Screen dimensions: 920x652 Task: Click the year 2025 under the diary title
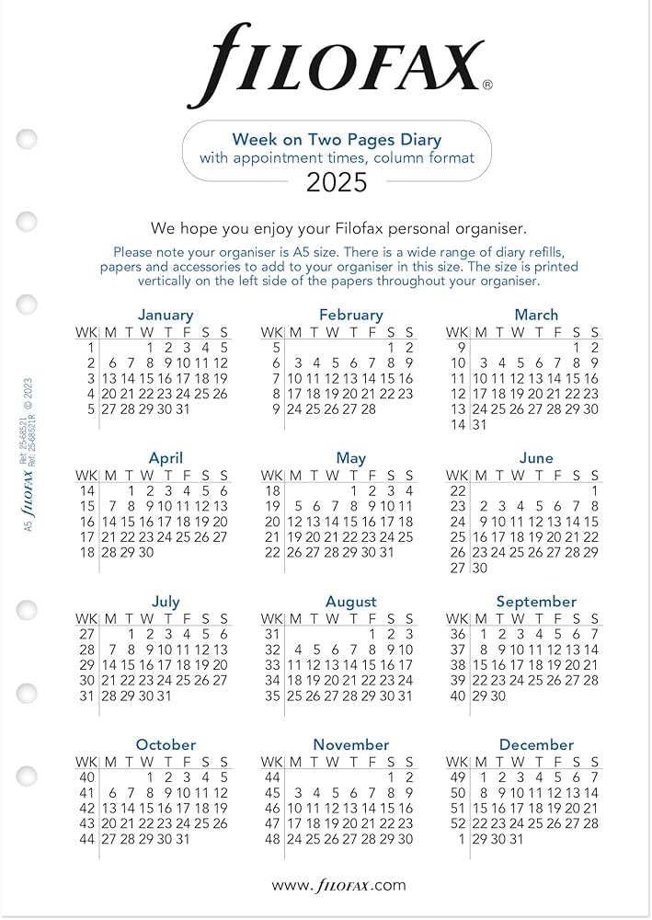pyautogui.click(x=337, y=182)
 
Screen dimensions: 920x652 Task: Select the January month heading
pyautogui.click(x=166, y=315)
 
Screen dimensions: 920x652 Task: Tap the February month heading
pyautogui.click(x=350, y=315)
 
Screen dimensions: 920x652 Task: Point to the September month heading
pyautogui.click(x=536, y=602)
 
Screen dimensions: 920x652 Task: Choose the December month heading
pyautogui.click(x=536, y=744)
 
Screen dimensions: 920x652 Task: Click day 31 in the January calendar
pyautogui.click(x=183, y=409)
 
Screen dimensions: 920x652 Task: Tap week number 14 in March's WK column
pyautogui.click(x=458, y=425)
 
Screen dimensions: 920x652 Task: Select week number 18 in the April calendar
pyautogui.click(x=87, y=553)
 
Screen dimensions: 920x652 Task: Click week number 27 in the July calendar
pyautogui.click(x=87, y=634)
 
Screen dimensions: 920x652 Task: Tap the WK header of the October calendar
pyautogui.click(x=86, y=762)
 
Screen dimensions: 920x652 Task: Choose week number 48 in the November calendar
pyautogui.click(x=272, y=839)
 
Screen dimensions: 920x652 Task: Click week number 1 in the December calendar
pyautogui.click(x=461, y=839)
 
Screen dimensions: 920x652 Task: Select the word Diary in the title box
pyautogui.click(x=413, y=140)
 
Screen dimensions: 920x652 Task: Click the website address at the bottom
pyautogui.click(x=337, y=885)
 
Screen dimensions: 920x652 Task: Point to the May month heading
pyautogui.click(x=350, y=458)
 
